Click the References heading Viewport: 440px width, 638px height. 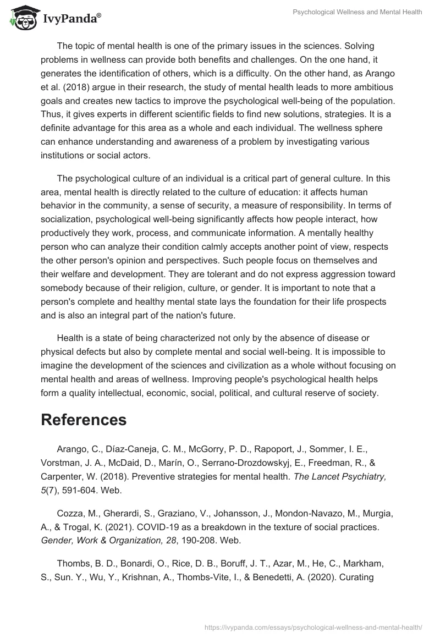click(84, 420)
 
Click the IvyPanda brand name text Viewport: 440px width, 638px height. click(71, 19)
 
